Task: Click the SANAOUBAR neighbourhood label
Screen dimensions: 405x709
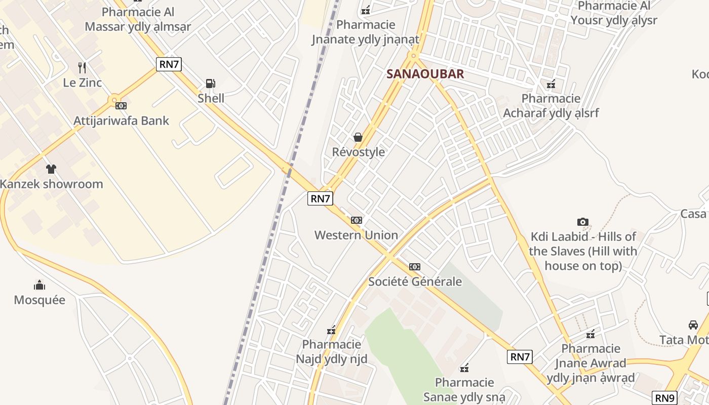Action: coord(425,74)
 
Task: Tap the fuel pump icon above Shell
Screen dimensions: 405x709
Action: coord(210,84)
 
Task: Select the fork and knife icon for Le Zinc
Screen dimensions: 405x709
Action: coord(82,67)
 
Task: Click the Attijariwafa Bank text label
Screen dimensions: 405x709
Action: coord(122,121)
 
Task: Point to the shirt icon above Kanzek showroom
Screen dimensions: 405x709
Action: coord(51,169)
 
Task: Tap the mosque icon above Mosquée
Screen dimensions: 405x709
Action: coord(40,285)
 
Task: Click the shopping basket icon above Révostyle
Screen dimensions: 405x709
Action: coord(358,137)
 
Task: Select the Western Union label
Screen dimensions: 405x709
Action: coord(356,235)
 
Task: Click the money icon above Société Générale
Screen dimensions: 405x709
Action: coord(415,267)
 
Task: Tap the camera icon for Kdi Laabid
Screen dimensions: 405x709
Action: coord(582,222)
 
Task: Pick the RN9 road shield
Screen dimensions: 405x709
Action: coord(665,398)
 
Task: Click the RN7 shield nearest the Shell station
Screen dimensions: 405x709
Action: coord(169,64)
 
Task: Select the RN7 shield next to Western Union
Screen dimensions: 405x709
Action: coord(320,198)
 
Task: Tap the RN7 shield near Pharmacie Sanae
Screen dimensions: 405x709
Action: coord(520,357)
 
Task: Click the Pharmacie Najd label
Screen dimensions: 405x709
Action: coord(331,352)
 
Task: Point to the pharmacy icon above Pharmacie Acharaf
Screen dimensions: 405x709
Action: coord(551,84)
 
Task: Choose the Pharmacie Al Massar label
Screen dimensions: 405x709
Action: coord(138,19)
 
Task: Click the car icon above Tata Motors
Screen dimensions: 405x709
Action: coord(693,325)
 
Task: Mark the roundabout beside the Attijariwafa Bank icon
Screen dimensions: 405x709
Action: coord(114,100)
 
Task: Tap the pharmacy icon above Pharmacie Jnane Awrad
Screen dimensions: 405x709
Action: coord(590,334)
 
